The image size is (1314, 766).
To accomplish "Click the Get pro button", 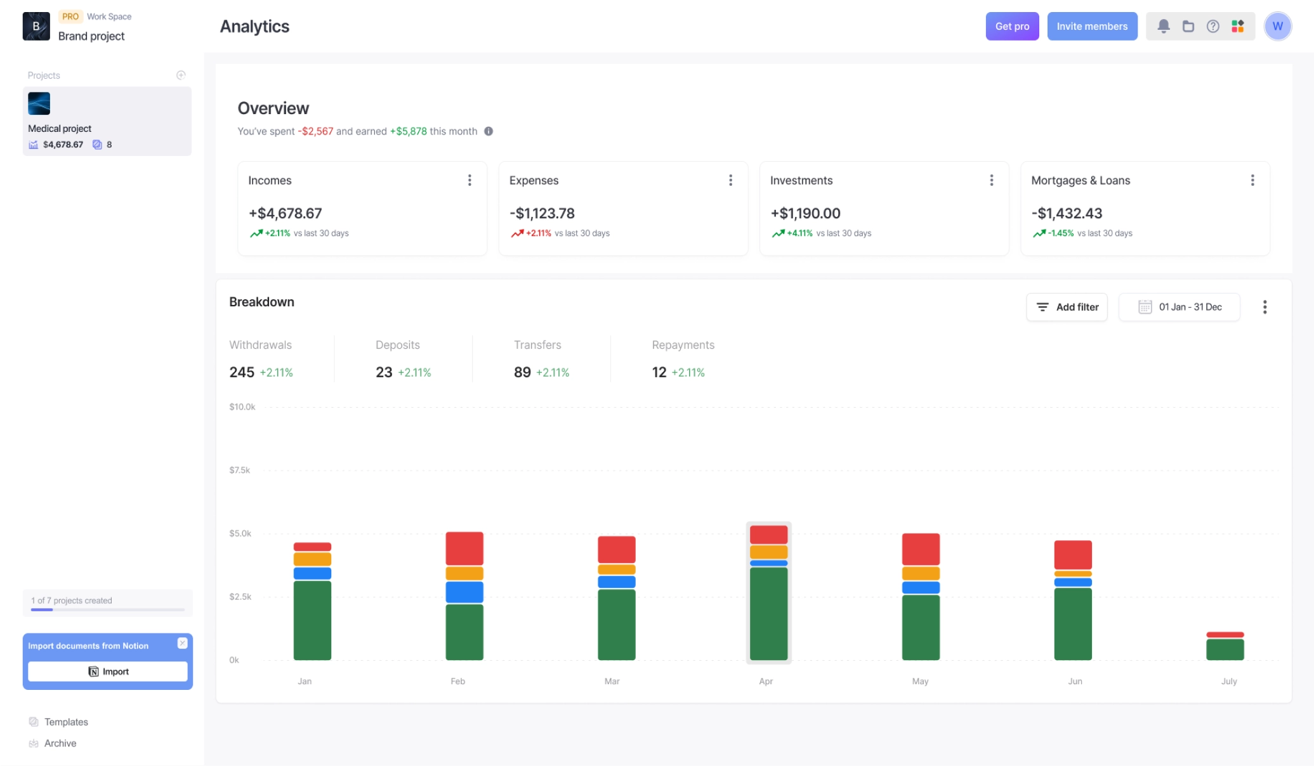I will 1011,27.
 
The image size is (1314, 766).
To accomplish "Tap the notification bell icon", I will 1163,27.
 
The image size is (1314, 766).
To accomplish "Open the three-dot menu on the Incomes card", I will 470,181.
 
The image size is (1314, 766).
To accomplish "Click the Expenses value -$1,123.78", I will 542,214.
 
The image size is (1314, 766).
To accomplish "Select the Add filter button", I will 1067,308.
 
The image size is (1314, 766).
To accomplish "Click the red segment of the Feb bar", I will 464,549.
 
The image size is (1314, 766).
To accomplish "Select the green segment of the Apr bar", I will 768,613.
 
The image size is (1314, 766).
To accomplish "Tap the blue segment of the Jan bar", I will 312,573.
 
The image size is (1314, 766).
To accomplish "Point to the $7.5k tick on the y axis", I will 240,471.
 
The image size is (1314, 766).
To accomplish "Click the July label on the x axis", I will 1228,682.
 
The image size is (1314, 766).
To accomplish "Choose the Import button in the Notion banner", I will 108,672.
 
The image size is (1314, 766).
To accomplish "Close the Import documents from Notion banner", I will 182,643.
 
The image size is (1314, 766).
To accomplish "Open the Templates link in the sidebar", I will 66,722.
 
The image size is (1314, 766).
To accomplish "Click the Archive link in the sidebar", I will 60,744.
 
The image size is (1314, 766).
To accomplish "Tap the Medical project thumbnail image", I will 39,103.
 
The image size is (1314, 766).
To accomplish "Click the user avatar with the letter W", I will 1277,27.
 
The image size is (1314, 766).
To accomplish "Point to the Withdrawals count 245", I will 242,373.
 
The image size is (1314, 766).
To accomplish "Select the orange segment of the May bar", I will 921,573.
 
